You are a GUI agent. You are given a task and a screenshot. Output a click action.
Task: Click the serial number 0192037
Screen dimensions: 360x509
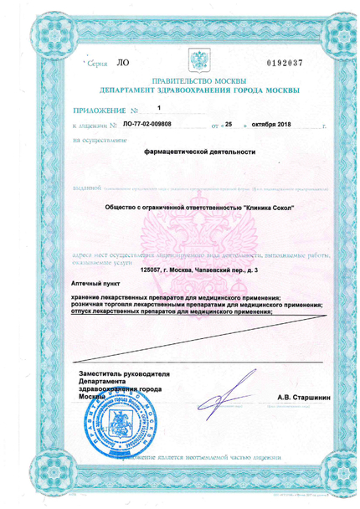coord(286,63)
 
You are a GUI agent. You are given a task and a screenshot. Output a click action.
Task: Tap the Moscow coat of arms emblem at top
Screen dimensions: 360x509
coord(198,62)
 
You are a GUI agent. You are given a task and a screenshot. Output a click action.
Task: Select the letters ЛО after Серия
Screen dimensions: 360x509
coord(122,62)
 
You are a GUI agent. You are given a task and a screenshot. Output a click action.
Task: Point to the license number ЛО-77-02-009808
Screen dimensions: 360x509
coord(147,124)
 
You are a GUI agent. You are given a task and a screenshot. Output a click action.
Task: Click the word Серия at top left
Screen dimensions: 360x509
coord(100,63)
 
